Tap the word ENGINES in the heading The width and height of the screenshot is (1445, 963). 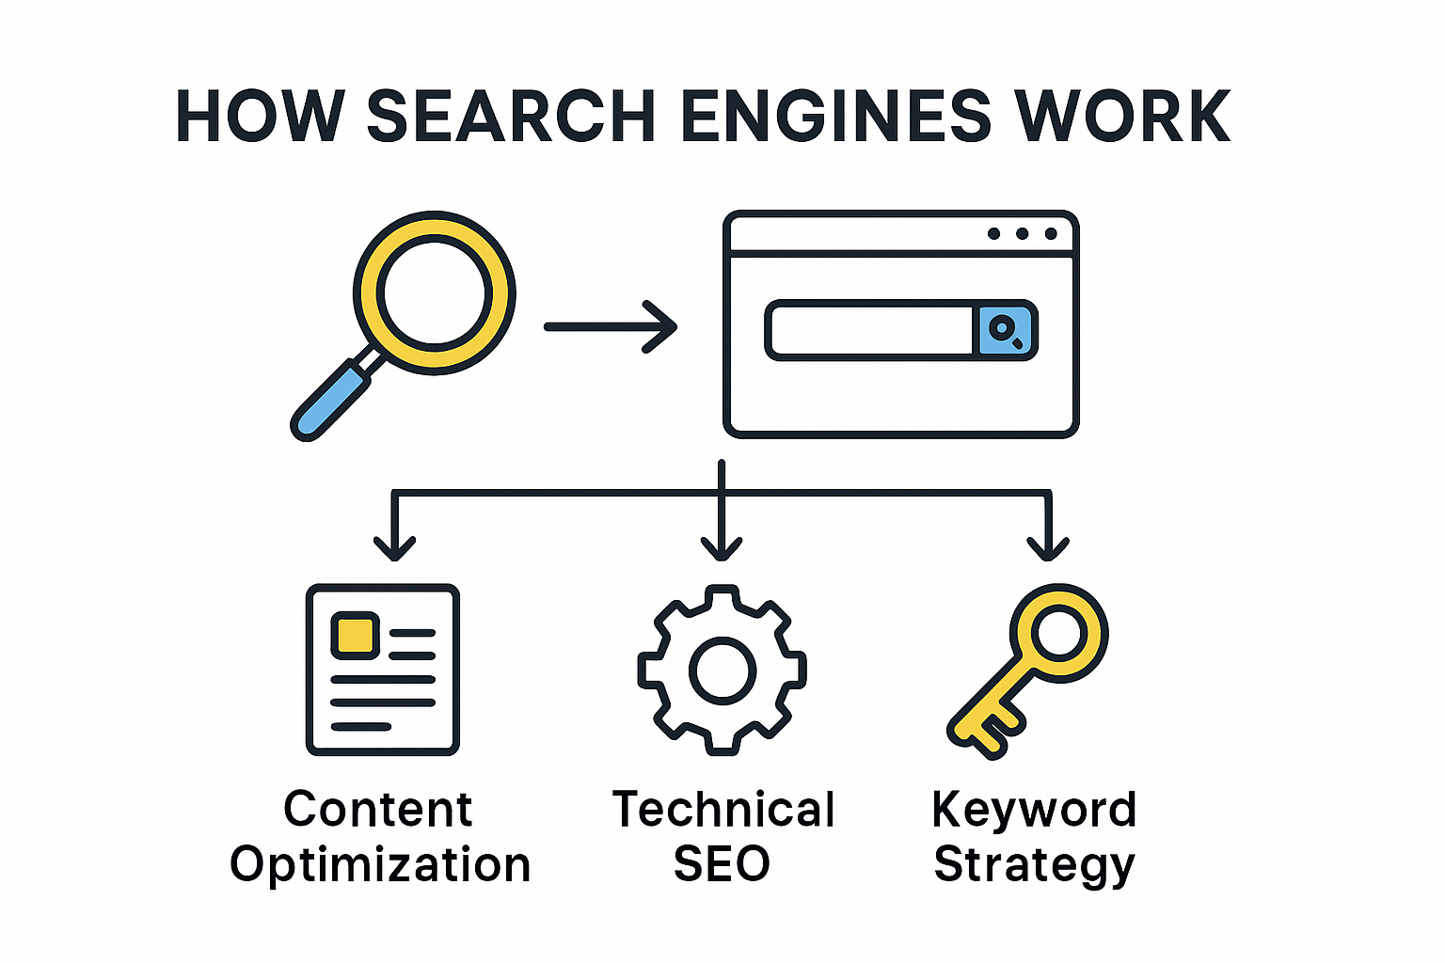835,116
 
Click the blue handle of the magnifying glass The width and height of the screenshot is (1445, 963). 330,400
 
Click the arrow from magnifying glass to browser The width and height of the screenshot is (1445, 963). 611,327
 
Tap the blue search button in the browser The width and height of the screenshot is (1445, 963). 1005,330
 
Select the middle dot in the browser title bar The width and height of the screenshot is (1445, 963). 1022,233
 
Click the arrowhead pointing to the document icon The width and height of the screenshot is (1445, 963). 394,549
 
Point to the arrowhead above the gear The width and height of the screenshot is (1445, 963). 722,549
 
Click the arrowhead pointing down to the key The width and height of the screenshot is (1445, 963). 1048,549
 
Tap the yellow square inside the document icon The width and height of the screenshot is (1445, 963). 355,636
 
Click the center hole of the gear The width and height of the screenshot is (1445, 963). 722,671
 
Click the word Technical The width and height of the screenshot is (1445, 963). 723,810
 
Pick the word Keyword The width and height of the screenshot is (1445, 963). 1034,810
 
